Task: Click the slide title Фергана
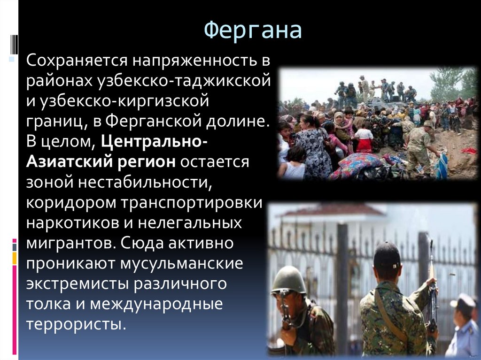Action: [253, 31]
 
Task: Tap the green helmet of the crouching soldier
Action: [287, 279]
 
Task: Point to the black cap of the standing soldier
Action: [387, 256]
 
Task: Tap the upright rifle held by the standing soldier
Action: [433, 282]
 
